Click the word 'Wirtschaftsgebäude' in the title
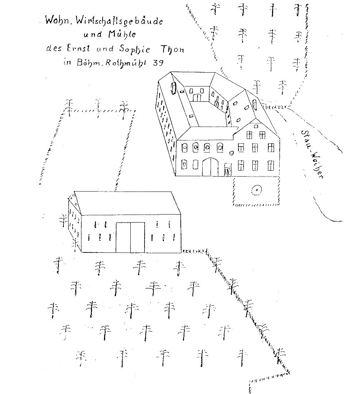click(x=123, y=21)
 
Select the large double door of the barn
click(x=130, y=237)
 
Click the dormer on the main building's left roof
click(x=173, y=88)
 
